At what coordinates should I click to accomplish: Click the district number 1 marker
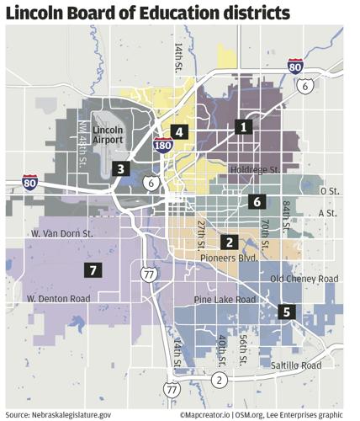pyautogui.click(x=244, y=127)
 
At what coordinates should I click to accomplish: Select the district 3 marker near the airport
pyautogui.click(x=121, y=168)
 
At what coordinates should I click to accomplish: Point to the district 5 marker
pyautogui.click(x=287, y=311)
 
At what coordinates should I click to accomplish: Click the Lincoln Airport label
pyautogui.click(x=109, y=136)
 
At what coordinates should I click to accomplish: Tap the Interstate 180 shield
pyautogui.click(x=163, y=147)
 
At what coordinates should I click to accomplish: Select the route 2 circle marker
pyautogui.click(x=220, y=379)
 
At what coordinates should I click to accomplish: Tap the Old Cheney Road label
pyautogui.click(x=304, y=279)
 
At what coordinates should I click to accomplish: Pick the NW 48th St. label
pyautogui.click(x=83, y=143)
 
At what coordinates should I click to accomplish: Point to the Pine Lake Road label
pyautogui.click(x=225, y=300)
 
